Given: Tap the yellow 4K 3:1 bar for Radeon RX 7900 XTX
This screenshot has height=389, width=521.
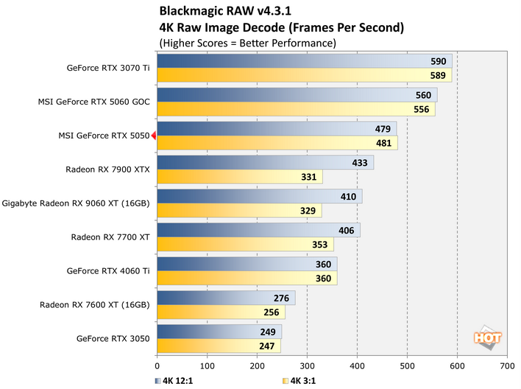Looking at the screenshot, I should (239, 177).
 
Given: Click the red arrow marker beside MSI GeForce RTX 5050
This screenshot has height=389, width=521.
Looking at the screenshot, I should (153, 136).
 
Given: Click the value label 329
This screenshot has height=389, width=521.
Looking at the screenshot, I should (309, 211).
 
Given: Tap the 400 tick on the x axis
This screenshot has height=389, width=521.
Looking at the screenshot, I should (357, 364).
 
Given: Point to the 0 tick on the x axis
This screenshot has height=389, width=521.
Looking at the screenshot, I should (157, 364).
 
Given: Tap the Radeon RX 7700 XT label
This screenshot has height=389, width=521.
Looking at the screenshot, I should (110, 237).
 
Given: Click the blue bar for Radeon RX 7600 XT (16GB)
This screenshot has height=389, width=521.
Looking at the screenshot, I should (226, 298).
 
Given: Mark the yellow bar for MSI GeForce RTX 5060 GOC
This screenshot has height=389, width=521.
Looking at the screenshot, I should (294, 110).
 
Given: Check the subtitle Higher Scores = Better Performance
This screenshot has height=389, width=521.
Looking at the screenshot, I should (247, 43).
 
